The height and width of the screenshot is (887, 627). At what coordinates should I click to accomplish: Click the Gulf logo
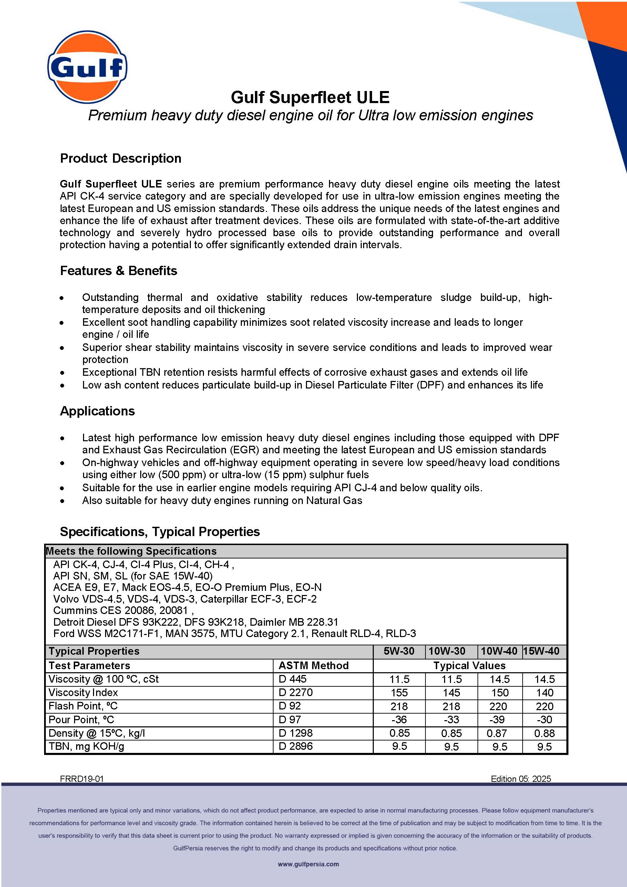pos(88,67)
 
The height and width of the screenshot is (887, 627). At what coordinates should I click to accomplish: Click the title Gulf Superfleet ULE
pos(310,97)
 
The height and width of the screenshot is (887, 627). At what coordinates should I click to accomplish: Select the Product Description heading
pos(121,158)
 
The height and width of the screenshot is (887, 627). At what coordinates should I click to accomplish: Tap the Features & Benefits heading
pos(119,271)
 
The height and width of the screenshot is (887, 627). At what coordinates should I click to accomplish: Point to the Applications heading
pos(97,411)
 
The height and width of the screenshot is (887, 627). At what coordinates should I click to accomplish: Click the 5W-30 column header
pos(399,651)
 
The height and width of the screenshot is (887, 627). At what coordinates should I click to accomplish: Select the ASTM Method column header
pos(313,665)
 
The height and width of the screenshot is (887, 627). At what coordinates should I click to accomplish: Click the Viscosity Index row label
pos(83,692)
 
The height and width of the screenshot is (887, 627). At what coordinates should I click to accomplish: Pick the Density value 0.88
pos(544,733)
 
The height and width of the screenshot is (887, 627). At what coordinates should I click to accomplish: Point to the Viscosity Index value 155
pos(399,692)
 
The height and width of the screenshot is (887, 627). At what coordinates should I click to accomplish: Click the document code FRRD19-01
pos(82,778)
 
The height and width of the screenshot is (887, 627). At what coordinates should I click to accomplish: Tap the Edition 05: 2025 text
pos(521,778)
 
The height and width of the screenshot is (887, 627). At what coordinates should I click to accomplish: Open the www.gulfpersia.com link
pos(308,864)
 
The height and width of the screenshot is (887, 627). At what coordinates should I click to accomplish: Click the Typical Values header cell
pos(469,665)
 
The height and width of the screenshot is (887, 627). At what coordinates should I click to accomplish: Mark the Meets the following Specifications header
pos(131,551)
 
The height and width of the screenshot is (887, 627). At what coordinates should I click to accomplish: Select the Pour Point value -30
pos(544,719)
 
